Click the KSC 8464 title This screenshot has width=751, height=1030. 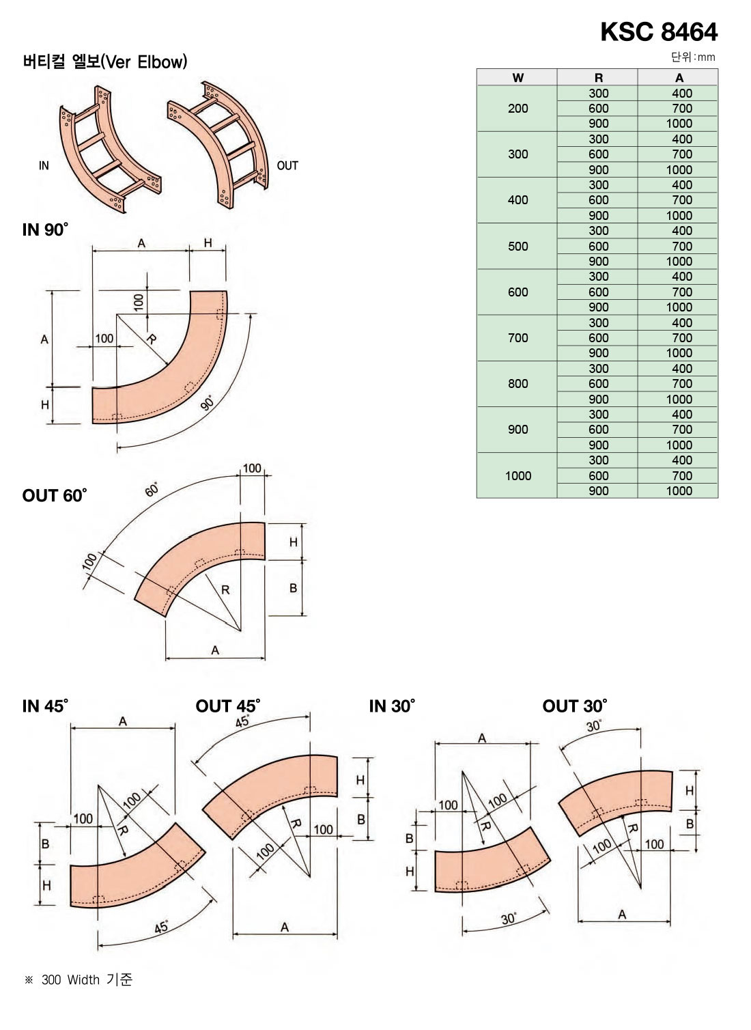click(659, 31)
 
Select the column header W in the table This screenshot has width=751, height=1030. click(518, 78)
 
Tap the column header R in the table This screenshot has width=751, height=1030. click(598, 78)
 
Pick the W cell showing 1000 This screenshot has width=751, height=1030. click(518, 475)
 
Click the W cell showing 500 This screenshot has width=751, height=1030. click(518, 246)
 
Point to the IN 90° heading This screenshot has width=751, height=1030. click(45, 229)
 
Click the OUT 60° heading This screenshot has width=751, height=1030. click(54, 495)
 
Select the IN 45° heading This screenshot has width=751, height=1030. click(45, 706)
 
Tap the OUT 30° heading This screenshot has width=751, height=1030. click(574, 706)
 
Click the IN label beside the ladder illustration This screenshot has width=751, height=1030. click(44, 165)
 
